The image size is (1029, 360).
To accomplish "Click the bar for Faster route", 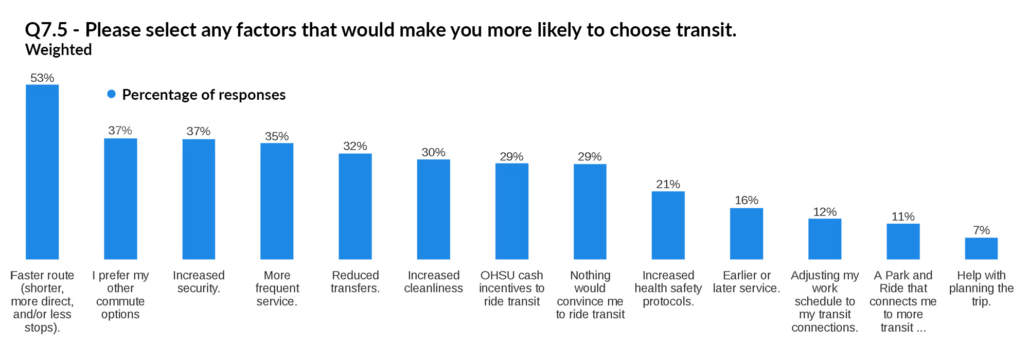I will pos(42,172).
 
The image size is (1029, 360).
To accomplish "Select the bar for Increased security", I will pos(199,199).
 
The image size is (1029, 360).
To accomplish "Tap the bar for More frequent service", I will pos(277,201).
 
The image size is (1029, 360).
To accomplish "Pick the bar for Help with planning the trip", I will pos(981,248).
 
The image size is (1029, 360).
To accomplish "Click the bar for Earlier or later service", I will pos(747,233).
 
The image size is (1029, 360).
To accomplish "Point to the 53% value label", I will pos(42,78).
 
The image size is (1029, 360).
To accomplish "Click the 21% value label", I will pos(668,184).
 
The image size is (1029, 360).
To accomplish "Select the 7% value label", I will pos(981,230).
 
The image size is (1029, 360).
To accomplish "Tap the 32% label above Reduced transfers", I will pos(355,146).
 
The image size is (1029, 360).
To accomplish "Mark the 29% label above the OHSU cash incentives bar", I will pos(511,156).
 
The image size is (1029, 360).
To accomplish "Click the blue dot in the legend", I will pos(111,94).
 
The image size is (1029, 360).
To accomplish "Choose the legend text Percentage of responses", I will pos(204,95).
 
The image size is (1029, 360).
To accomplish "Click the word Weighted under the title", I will pos(59,50).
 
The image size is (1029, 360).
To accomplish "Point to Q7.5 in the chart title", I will pos(46,30).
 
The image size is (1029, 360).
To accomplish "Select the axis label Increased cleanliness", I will pos(433,282).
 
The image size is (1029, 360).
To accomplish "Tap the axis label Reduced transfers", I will pos(355,282).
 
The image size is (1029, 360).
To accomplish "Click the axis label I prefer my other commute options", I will pos(120,295).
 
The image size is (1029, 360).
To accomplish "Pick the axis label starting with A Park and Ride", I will pos(903,301).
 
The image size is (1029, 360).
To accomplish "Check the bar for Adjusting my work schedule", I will pos(825,239).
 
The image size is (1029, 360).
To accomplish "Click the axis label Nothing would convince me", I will pos(590,295).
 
